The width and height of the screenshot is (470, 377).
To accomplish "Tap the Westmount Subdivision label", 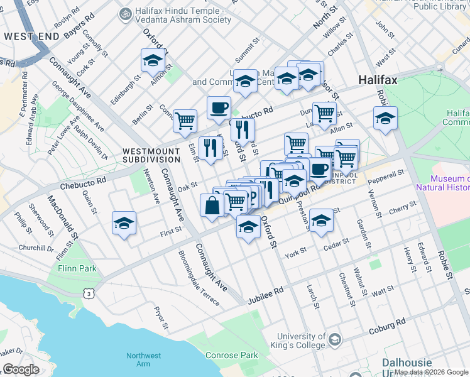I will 151,155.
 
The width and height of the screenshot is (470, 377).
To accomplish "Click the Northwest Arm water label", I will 143,359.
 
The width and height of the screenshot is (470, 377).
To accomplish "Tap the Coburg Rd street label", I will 388,324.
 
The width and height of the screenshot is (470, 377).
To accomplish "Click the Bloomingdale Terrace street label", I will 199,278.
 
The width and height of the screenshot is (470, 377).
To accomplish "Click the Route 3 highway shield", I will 90,293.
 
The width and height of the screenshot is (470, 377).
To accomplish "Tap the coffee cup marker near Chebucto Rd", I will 219,107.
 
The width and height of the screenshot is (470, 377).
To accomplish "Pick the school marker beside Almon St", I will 153,61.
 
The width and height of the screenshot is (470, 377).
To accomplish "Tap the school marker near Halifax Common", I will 385,117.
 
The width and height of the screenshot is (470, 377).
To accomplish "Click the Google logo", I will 21,369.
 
